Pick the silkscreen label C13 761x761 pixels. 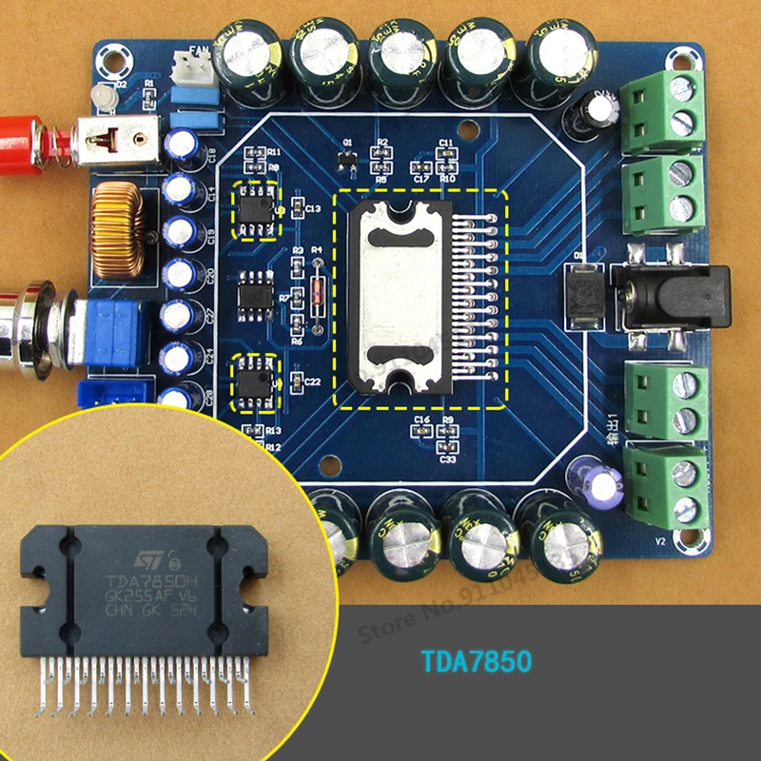coord(313,208)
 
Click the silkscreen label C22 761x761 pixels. coord(313,381)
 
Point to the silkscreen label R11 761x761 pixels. coord(274,152)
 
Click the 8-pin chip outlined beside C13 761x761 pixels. coord(256,204)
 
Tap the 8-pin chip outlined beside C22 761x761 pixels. coord(256,381)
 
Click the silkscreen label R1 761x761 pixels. coord(149,84)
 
